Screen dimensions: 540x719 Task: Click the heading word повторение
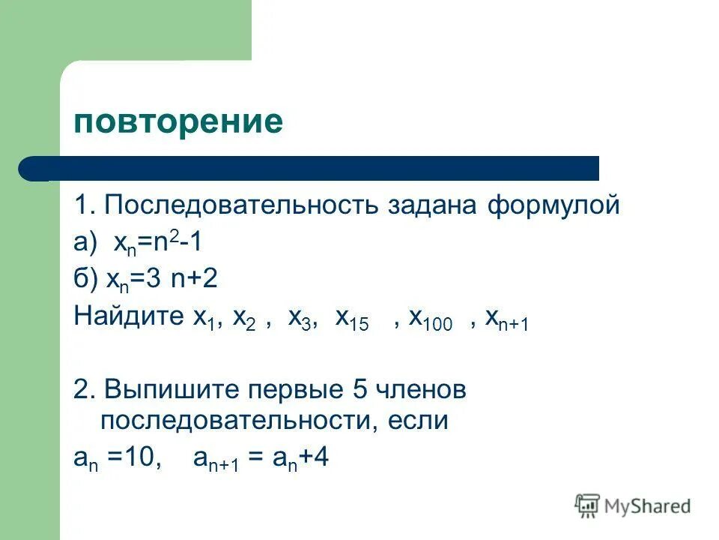pyautogui.click(x=178, y=121)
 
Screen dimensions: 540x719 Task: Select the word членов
pyautogui.click(x=421, y=389)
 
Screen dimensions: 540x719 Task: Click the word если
pyautogui.click(x=418, y=421)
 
